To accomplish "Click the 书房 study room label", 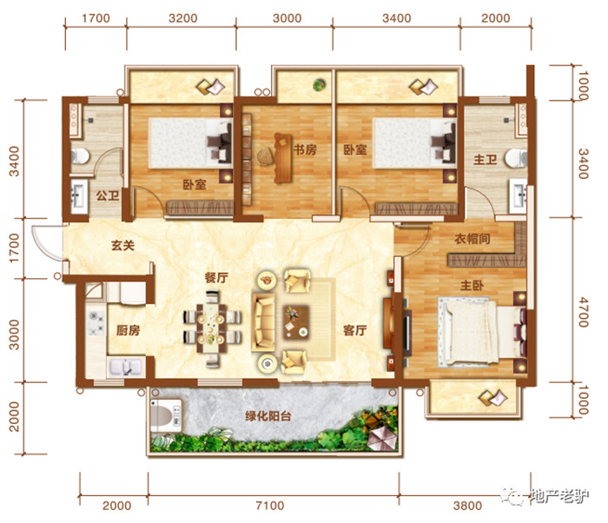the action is [305, 149].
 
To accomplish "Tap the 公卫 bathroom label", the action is [108, 195].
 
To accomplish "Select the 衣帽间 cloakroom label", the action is [473, 239].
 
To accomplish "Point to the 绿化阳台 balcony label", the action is [268, 416].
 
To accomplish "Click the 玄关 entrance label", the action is [122, 245].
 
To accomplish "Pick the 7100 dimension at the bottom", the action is [270, 506].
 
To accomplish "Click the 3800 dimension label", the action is [467, 506].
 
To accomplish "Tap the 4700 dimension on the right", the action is [583, 313].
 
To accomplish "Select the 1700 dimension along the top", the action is [96, 18].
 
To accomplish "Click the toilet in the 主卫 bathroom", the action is [516, 158].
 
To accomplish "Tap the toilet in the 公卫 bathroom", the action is [80, 156].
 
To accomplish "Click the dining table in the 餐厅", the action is [210, 329].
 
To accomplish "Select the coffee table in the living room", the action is [296, 322].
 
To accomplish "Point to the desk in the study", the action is [282, 158].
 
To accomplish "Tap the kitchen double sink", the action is [125, 367].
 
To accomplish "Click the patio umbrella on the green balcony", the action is [382, 439].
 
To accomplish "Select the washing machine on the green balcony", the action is [166, 415].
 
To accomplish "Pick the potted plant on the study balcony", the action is [319, 84].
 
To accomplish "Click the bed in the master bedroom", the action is [482, 332].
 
